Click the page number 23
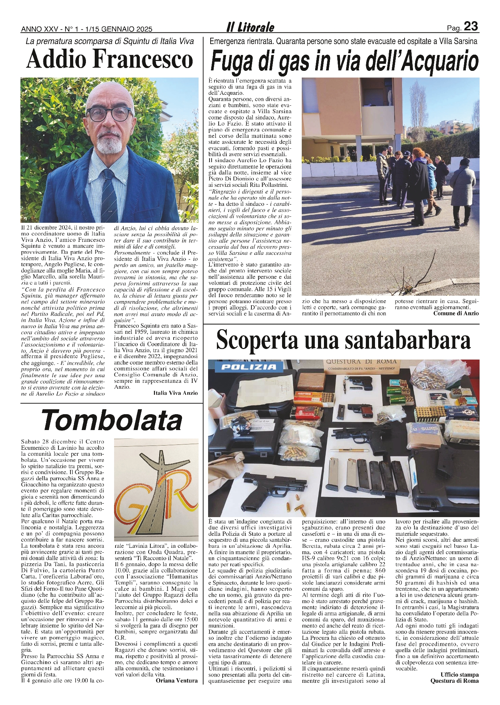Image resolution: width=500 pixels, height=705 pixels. click(471, 26)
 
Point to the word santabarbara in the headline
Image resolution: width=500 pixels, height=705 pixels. click(393, 341)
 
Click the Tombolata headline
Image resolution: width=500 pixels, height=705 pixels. click(112, 420)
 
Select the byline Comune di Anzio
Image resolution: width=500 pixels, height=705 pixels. click(456, 313)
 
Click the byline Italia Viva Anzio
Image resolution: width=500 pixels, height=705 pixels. click(175, 393)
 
